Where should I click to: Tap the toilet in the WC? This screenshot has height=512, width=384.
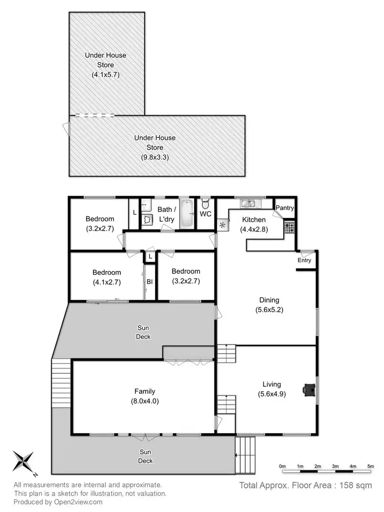[x=205, y=202]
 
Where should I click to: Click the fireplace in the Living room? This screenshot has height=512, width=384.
[x=309, y=390]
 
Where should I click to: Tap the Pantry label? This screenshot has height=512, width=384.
[x=285, y=208]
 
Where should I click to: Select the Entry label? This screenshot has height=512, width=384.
[x=304, y=261]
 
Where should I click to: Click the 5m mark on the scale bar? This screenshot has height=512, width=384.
[x=370, y=466]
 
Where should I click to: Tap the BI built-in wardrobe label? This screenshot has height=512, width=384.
[x=150, y=282]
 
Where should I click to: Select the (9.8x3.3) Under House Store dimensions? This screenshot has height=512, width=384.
[x=155, y=157]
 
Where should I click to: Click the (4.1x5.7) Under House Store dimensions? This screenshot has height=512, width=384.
[x=105, y=75]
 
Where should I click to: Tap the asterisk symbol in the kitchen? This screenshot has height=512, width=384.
[x=223, y=225]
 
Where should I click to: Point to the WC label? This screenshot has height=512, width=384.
[x=205, y=214]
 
